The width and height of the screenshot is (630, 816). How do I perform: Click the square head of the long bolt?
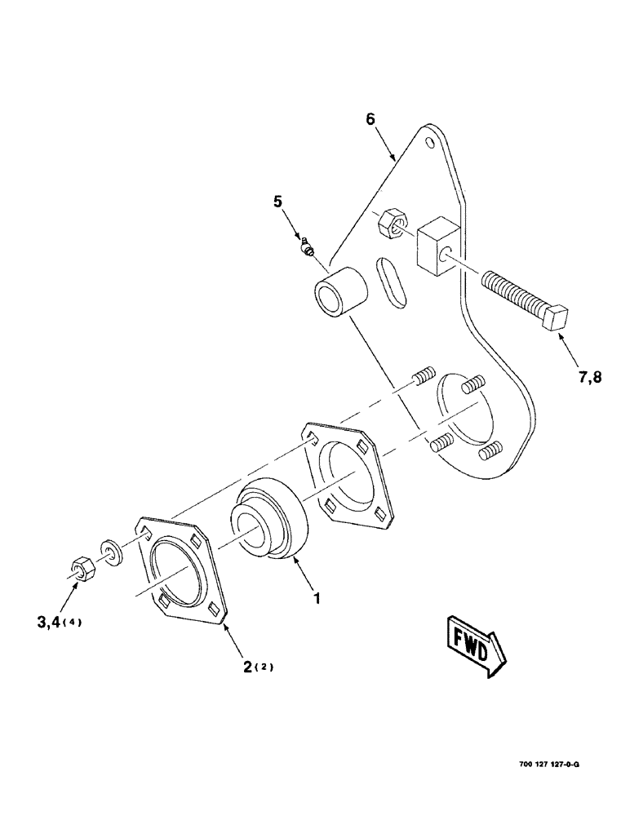point(557,316)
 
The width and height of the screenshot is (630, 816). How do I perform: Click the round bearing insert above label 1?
point(270,521)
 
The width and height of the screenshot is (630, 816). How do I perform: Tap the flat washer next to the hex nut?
point(113,551)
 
